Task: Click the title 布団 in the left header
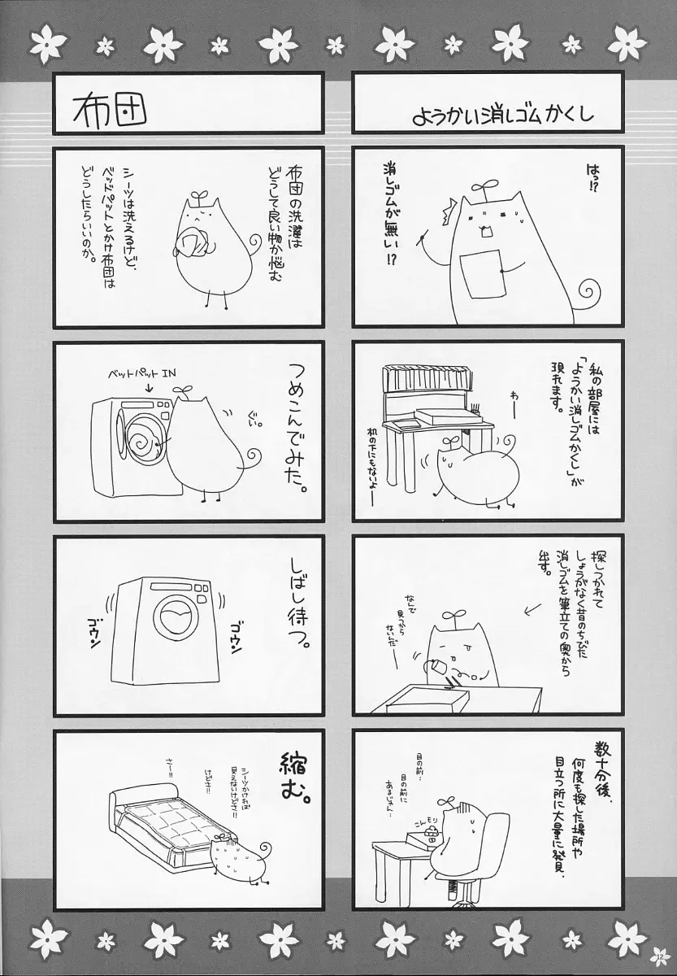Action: pos(109,109)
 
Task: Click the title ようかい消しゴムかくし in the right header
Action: pos(502,112)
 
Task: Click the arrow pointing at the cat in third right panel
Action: pos(511,607)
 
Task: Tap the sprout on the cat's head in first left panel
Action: pos(197,194)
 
